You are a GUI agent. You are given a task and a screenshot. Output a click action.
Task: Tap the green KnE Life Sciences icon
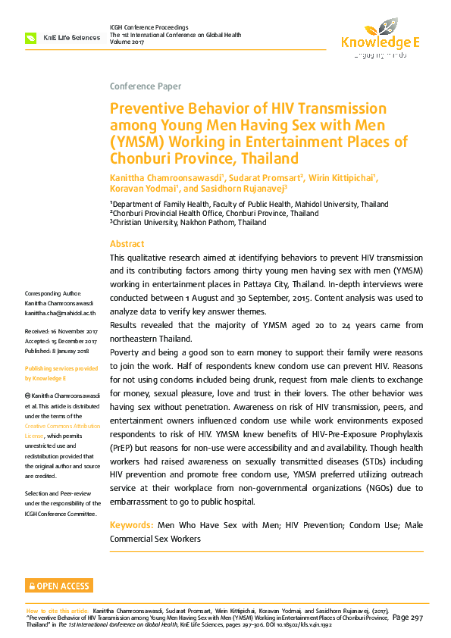pyautogui.click(x=31, y=37)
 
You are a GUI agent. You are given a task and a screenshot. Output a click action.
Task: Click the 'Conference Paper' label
pyautogui.click(x=146, y=86)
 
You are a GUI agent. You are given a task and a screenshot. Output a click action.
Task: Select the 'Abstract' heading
pyautogui.click(x=127, y=244)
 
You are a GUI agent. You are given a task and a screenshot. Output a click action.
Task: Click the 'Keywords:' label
pyautogui.click(x=131, y=525)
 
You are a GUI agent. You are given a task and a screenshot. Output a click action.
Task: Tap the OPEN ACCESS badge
pyautogui.click(x=59, y=586)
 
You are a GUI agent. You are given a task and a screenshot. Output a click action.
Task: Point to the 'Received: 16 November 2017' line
pyautogui.click(x=62, y=332)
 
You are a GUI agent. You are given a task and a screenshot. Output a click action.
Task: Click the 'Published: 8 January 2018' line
pyautogui.click(x=58, y=351)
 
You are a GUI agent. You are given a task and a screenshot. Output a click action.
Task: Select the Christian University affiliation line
pyautogui.click(x=188, y=223)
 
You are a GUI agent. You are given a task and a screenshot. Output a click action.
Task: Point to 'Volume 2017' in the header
pyautogui.click(x=129, y=42)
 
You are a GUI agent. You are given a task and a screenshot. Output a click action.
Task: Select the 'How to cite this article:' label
pyautogui.click(x=58, y=610)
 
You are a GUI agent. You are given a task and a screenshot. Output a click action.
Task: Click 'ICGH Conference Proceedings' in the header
pyautogui.click(x=149, y=27)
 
